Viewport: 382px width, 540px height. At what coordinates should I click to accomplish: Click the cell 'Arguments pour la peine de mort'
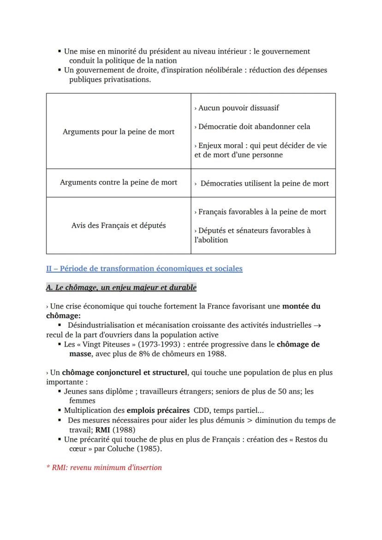coord(119,131)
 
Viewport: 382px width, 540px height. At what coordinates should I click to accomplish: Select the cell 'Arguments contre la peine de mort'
coord(119,183)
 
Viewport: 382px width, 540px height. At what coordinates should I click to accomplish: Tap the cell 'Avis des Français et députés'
coord(119,225)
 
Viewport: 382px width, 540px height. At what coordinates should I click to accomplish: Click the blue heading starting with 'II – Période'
coord(144,268)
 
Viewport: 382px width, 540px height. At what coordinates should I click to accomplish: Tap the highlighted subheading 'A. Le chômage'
coord(121,287)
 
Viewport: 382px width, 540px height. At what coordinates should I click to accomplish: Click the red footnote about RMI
coord(104,467)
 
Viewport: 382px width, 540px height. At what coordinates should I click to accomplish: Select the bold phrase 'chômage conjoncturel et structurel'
coord(125,372)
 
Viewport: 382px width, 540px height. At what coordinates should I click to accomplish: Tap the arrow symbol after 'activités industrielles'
coord(317,325)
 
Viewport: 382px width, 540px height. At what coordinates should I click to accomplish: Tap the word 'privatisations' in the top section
coord(126,79)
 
